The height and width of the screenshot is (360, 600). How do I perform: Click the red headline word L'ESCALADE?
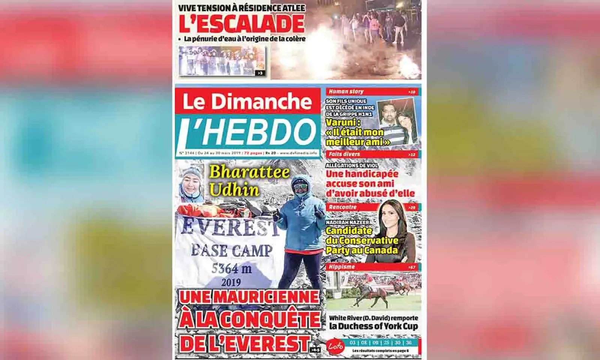click(241, 24)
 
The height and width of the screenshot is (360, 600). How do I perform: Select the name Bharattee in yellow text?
click(249, 172)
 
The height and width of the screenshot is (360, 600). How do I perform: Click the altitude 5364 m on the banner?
click(231, 268)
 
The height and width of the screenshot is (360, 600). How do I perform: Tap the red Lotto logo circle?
click(336, 346)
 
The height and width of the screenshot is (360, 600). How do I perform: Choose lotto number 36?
click(408, 343)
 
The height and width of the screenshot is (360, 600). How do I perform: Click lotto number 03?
click(352, 343)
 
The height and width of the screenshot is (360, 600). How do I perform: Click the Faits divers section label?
click(344, 154)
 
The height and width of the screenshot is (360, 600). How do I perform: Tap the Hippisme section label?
click(342, 267)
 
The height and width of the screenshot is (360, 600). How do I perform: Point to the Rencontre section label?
click(342, 207)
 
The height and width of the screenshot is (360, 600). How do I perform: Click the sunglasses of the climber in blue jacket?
click(299, 184)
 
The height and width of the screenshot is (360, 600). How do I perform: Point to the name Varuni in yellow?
click(342, 122)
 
